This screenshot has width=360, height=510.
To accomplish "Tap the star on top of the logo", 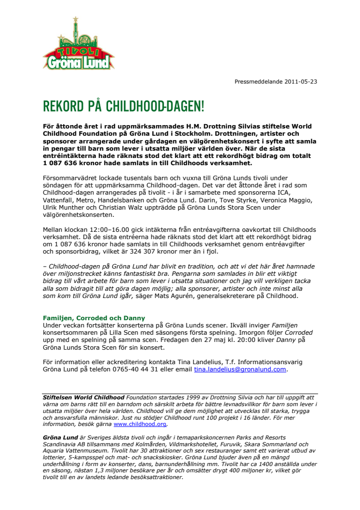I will click(75, 19).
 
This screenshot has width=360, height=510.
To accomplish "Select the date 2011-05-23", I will click(301, 81).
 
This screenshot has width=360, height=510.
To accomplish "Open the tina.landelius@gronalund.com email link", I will click(240, 369).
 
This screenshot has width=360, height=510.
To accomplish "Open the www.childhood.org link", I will click(140, 424).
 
